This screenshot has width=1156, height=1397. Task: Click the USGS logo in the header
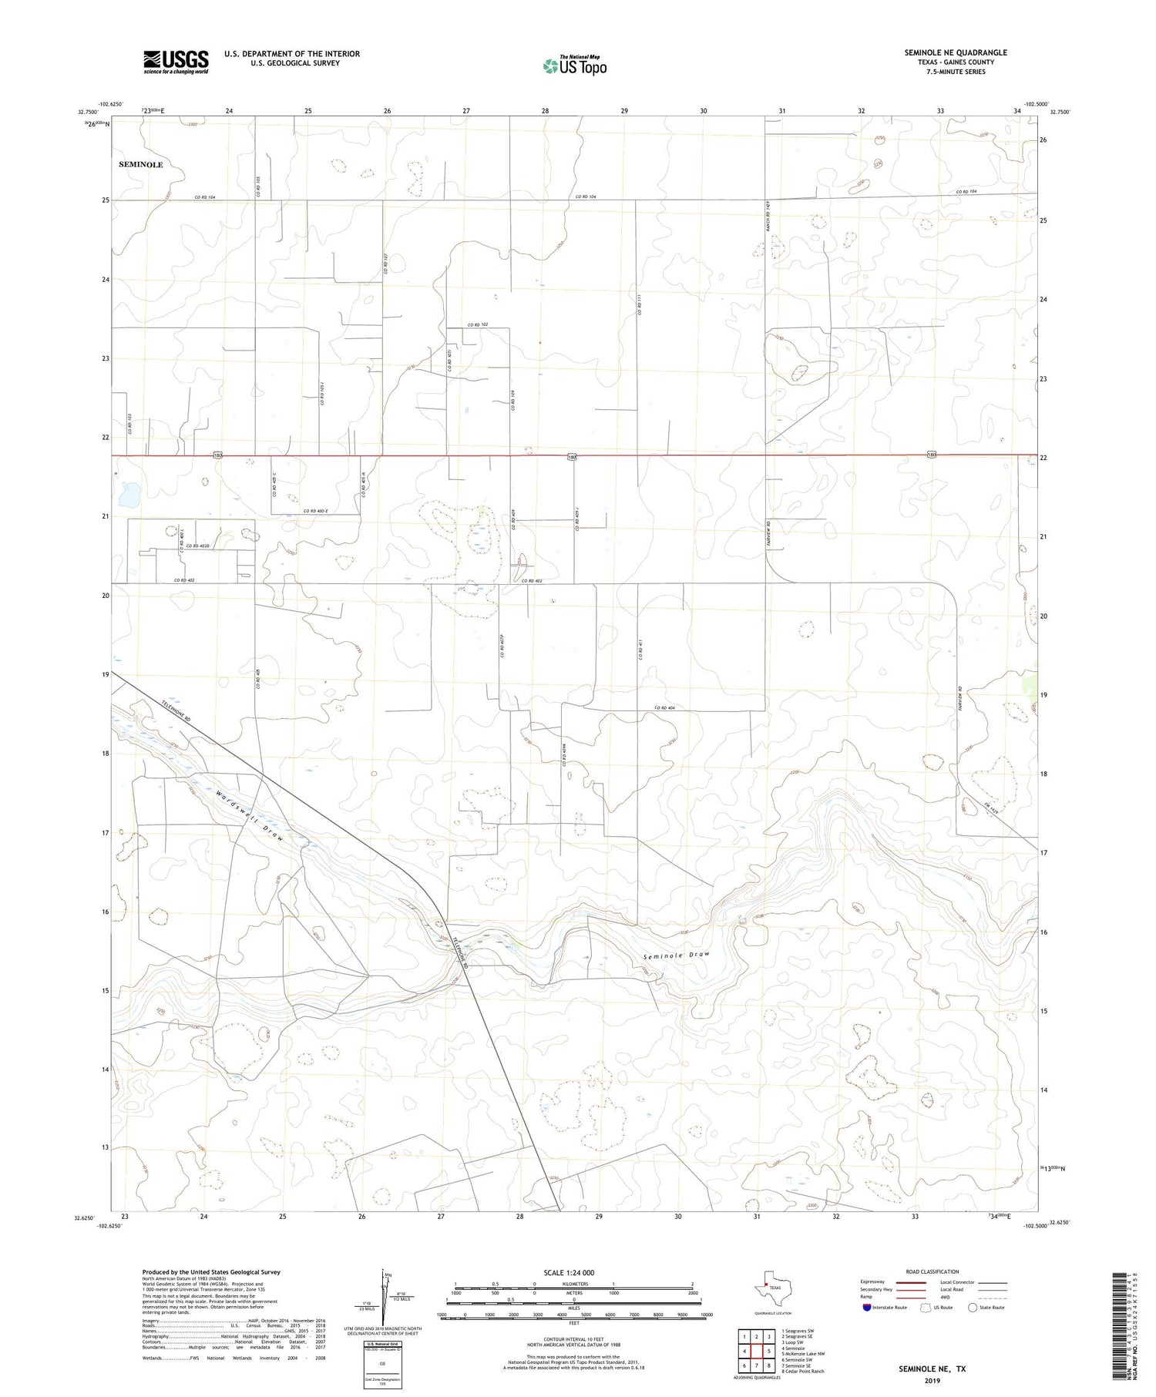pyautogui.click(x=176, y=62)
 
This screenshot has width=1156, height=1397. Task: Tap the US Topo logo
pyautogui.click(x=574, y=66)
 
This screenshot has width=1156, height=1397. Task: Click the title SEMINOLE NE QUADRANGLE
pyautogui.click(x=955, y=52)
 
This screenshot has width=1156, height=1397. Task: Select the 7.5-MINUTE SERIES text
pyautogui.click(x=955, y=72)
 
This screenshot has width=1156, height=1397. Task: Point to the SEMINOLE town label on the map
pyautogui.click(x=141, y=165)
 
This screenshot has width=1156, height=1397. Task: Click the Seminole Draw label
pyautogui.click(x=676, y=955)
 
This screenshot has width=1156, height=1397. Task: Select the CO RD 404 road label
pyautogui.click(x=664, y=707)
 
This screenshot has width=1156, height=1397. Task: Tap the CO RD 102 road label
pyautogui.click(x=478, y=324)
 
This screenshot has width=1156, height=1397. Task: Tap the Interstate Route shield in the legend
pyautogui.click(x=867, y=1308)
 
